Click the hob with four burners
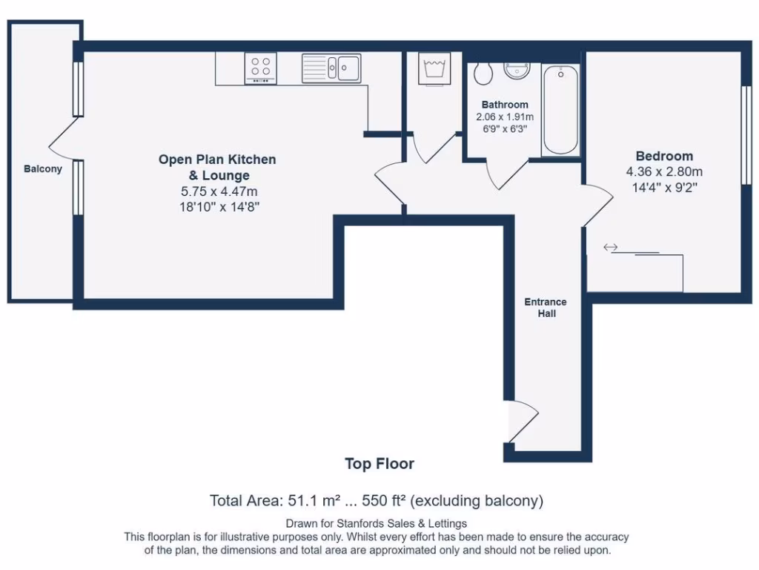pos(260,68)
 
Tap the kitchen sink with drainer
pos(331,68)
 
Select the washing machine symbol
pos(434,69)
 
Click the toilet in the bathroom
pos(483,73)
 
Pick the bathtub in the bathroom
pos(560,111)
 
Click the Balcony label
pos(43,168)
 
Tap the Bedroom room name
pos(664,156)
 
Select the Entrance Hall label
pos(546,308)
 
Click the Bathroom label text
pos(505,105)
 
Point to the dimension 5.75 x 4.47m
pos(219,191)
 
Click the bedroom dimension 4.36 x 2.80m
pos(664,171)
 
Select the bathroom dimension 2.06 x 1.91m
pos(505,117)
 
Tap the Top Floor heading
pos(379,464)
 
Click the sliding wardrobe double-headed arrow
pos(611,248)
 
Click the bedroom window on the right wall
pos(746,135)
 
